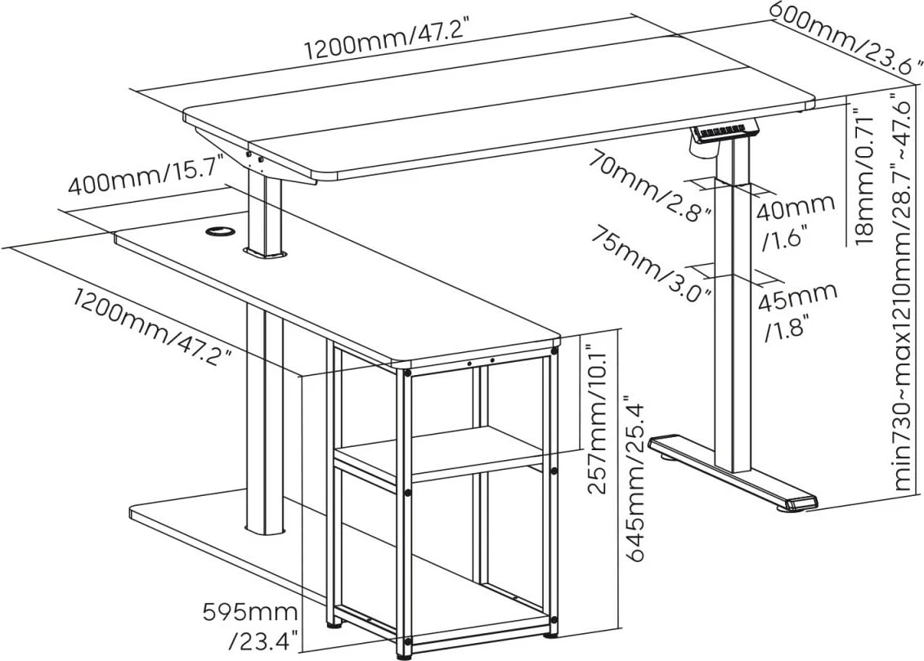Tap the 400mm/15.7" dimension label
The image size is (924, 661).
point(146,177)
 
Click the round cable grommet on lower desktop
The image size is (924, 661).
point(218,234)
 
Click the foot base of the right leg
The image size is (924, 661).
point(732,474)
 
